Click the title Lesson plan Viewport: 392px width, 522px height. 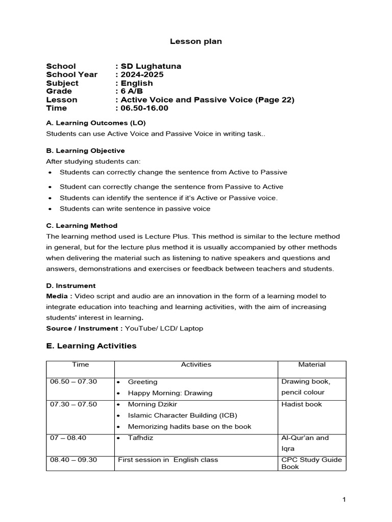[x=196, y=41]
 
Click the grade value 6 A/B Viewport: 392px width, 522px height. [x=132, y=91]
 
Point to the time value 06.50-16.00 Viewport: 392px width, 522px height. [x=144, y=108]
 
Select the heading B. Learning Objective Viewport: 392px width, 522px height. [x=85, y=150]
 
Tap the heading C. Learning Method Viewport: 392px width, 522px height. [x=82, y=225]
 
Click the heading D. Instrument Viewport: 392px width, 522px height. [x=71, y=285]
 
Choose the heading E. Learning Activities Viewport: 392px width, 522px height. [x=91, y=346]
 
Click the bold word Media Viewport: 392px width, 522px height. [x=57, y=296]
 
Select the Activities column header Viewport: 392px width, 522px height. [x=196, y=364]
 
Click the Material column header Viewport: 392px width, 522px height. [x=312, y=364]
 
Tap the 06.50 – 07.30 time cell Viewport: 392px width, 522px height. [x=73, y=382]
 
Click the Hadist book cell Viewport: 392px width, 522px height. [x=302, y=404]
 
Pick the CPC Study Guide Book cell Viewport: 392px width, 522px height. [x=311, y=463]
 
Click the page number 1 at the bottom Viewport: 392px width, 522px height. [x=345, y=500]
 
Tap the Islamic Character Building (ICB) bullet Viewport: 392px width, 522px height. [x=182, y=415]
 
